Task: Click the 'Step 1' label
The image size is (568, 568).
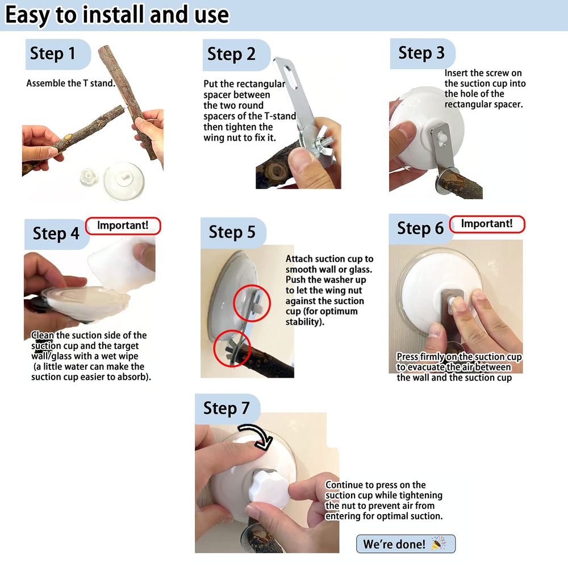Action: click(52, 53)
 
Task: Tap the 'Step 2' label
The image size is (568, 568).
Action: click(231, 55)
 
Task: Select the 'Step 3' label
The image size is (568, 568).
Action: click(421, 53)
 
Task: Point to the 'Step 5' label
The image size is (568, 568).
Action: click(232, 232)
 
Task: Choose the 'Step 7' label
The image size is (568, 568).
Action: click(227, 408)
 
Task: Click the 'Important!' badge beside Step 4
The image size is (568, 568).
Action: click(123, 225)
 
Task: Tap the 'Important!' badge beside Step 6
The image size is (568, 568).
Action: click(487, 224)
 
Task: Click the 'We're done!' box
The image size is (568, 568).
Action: click(406, 544)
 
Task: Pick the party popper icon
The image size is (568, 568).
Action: click(438, 544)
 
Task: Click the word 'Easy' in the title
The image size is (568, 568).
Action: click(27, 16)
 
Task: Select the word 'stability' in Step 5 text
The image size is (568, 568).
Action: click(303, 321)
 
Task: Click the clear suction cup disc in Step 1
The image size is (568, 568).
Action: click(124, 182)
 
